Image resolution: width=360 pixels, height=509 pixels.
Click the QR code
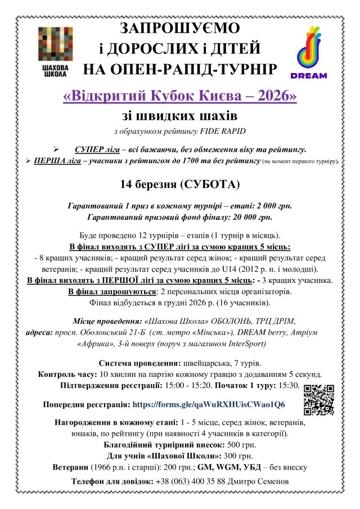tap(319, 399)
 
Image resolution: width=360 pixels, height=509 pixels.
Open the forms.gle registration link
tap(208, 404)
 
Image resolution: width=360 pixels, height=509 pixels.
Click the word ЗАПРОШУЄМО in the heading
tap(179, 29)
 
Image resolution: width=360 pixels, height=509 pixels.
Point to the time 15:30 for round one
tap(289, 385)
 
